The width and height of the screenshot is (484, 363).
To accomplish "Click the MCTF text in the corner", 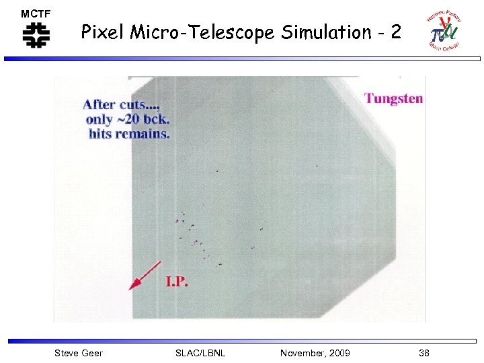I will pos(36,13).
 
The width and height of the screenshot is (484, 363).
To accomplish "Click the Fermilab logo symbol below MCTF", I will pos(36,35).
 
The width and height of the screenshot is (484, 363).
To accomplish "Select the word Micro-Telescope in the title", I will pos(195,32).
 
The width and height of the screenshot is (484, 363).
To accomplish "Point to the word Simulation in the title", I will pos(319,32).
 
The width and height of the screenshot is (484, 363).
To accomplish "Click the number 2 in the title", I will pos(396,32).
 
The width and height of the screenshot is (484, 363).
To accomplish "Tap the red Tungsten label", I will pos(394,99).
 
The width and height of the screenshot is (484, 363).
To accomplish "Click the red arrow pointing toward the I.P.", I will pos(144,276).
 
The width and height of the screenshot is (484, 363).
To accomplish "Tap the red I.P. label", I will pos(177,282).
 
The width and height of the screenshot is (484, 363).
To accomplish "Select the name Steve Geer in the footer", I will pos(78,353).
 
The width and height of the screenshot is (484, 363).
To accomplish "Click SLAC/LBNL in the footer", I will pos(200,353).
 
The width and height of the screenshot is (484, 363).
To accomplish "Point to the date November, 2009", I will pos(315,353).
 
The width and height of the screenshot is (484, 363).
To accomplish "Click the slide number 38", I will pos(424,353).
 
